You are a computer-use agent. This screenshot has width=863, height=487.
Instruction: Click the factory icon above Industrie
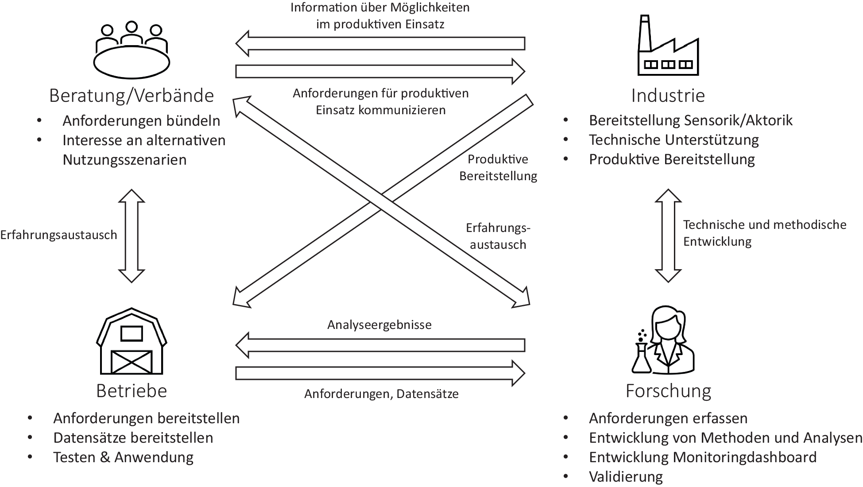(x=668, y=49)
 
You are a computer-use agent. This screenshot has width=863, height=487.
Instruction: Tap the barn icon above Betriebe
(x=132, y=342)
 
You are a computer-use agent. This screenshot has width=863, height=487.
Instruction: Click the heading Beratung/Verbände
(x=132, y=96)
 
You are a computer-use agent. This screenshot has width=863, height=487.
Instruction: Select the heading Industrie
(x=668, y=96)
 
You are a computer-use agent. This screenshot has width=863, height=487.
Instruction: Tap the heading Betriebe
(x=132, y=391)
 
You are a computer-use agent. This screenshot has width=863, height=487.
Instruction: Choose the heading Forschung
(x=668, y=391)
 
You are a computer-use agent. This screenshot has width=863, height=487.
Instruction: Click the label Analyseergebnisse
(x=379, y=325)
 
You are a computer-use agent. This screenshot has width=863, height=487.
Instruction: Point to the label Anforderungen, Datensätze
(x=381, y=394)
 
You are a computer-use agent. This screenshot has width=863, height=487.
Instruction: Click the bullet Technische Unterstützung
(x=673, y=140)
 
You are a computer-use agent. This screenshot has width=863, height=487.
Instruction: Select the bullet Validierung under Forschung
(x=626, y=477)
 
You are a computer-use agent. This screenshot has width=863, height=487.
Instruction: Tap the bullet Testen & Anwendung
(x=123, y=457)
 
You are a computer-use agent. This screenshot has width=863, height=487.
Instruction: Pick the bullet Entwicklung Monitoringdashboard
(x=702, y=457)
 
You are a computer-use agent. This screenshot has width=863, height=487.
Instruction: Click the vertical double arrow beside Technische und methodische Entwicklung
(x=668, y=236)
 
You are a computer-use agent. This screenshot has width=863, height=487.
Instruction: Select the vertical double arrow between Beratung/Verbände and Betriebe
(x=132, y=236)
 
